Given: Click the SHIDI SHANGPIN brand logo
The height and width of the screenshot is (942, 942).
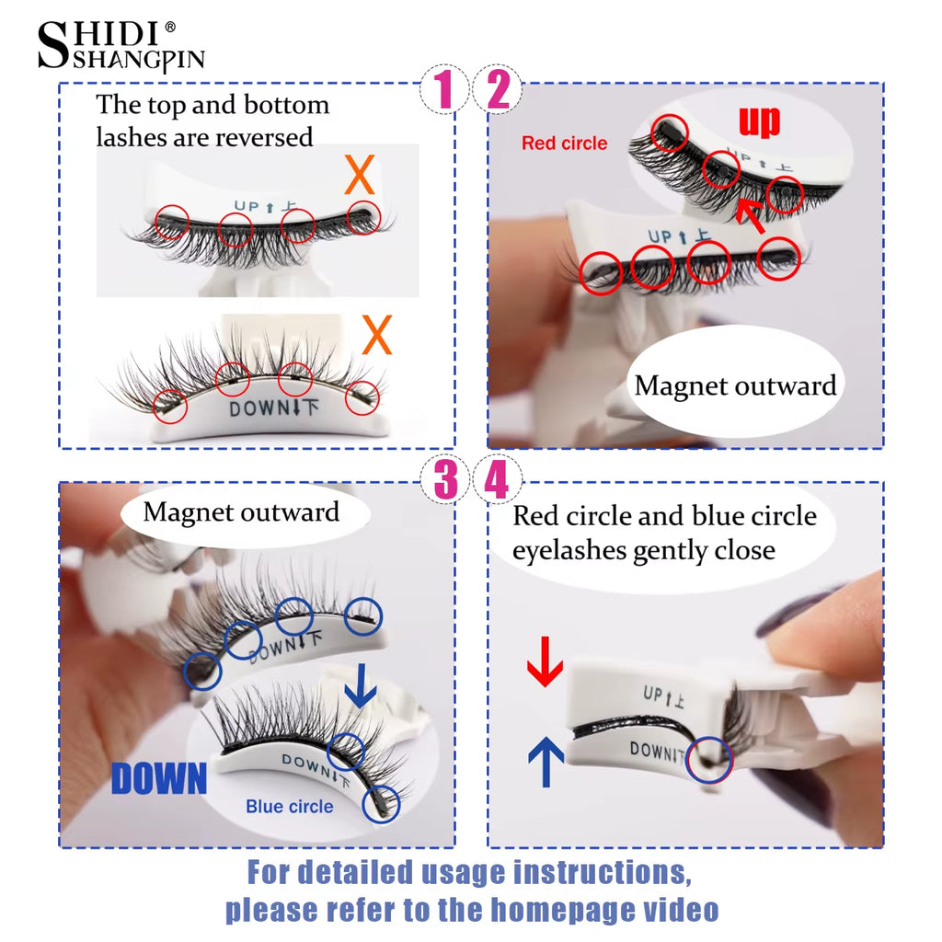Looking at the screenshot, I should (x=120, y=45).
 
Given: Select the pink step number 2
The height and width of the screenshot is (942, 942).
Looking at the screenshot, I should (x=498, y=90).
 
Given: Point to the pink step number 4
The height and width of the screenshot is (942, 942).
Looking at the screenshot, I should (x=498, y=479).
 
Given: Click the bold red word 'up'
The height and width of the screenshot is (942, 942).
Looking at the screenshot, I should (x=759, y=121).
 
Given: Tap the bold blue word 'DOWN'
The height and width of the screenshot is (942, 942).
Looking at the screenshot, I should (x=159, y=778).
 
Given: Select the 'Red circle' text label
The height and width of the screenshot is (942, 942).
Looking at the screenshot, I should (x=564, y=144).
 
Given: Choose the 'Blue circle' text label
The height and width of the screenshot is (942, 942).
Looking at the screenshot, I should (x=289, y=807).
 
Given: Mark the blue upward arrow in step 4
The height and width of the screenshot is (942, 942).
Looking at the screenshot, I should (x=546, y=764).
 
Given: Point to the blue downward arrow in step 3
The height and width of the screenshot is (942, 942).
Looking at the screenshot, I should (x=361, y=685).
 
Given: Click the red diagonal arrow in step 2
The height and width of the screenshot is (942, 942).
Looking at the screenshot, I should (x=753, y=217).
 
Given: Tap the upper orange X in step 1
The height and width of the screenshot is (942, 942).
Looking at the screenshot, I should (x=359, y=174).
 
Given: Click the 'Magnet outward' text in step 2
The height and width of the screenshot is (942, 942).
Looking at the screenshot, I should (x=735, y=385).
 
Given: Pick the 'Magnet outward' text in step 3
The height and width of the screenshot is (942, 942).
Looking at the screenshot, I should (x=241, y=511).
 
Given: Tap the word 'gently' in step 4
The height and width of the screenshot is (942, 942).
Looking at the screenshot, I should (x=672, y=551).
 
